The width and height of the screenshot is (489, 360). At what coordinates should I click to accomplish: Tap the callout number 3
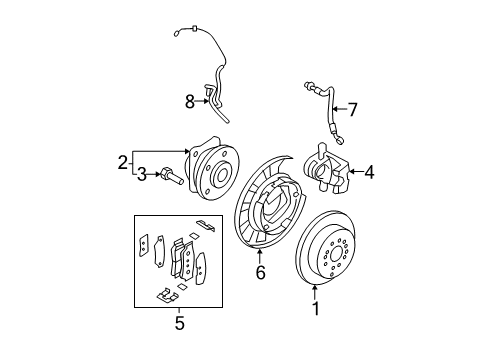point(142,175)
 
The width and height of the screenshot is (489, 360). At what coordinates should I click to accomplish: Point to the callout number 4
point(369,172)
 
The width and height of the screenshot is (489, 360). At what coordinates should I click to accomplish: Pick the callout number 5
point(179,322)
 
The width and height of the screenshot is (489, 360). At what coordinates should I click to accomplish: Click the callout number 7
point(351,109)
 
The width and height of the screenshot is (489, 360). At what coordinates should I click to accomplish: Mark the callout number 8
point(189,100)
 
